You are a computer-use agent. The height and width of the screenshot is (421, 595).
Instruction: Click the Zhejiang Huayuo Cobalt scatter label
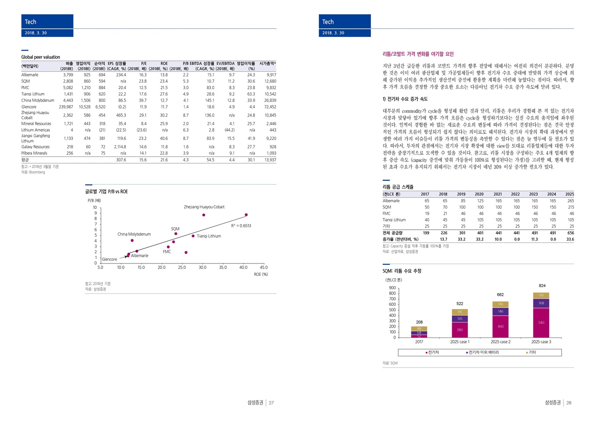(204, 207)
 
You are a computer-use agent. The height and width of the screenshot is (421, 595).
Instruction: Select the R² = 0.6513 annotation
(241, 226)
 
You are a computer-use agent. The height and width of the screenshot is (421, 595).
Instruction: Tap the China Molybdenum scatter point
(132, 241)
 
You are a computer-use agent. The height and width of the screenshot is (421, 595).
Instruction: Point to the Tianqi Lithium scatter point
(193, 236)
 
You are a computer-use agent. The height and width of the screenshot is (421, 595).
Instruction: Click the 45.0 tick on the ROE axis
(263, 267)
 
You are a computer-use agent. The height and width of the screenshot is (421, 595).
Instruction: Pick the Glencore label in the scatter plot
(109, 260)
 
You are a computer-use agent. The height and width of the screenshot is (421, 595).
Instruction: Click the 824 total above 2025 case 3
(542, 286)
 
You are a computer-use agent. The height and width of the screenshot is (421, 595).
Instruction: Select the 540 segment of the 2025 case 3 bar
(541, 323)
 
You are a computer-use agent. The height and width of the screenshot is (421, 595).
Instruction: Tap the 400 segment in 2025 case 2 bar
(500, 326)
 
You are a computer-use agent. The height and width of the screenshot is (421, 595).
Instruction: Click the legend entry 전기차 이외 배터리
(483, 352)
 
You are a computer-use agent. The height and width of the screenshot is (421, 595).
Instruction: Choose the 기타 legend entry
(532, 352)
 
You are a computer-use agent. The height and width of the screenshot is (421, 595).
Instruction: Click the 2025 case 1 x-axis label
(459, 342)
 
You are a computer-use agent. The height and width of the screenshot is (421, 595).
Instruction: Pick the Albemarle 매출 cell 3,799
(68, 75)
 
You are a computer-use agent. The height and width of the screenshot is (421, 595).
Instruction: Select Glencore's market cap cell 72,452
(270, 107)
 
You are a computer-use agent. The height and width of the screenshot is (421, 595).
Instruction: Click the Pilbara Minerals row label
(34, 153)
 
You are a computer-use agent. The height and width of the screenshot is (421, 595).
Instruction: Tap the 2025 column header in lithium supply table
(569, 194)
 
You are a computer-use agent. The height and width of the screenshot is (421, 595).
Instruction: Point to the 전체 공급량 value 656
(570, 233)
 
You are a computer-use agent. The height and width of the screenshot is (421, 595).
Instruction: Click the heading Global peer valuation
(41, 57)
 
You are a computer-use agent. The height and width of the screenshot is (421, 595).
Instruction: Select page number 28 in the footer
(569, 403)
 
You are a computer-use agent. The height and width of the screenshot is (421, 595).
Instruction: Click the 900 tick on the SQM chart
(392, 288)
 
